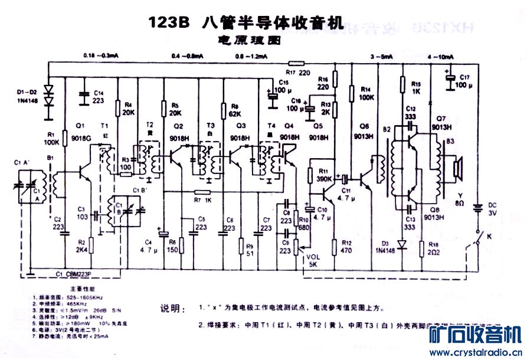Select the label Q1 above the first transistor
(x=81, y=125)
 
